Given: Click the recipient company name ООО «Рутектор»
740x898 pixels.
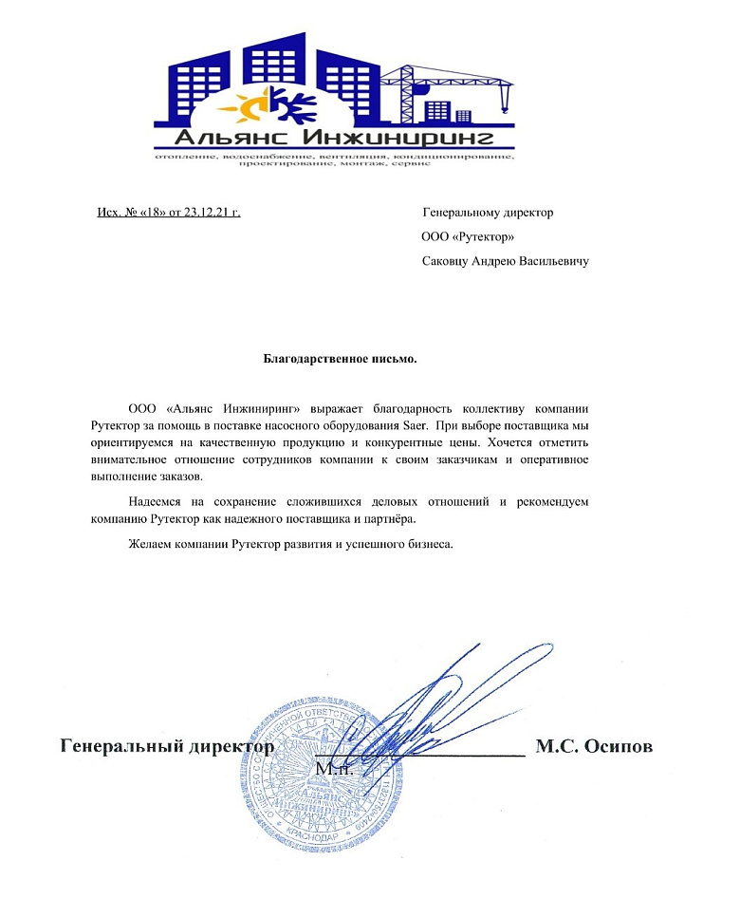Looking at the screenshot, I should click(468, 236).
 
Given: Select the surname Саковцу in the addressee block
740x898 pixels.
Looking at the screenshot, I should click(448, 260).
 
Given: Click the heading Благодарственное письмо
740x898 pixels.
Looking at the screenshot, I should click(340, 359).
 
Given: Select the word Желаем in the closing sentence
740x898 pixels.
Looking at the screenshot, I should click(150, 545).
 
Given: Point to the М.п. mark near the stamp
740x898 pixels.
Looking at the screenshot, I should click(333, 768).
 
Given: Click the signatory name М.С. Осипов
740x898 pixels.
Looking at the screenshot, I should click(594, 746).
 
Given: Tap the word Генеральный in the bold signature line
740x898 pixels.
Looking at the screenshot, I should click(119, 746).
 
